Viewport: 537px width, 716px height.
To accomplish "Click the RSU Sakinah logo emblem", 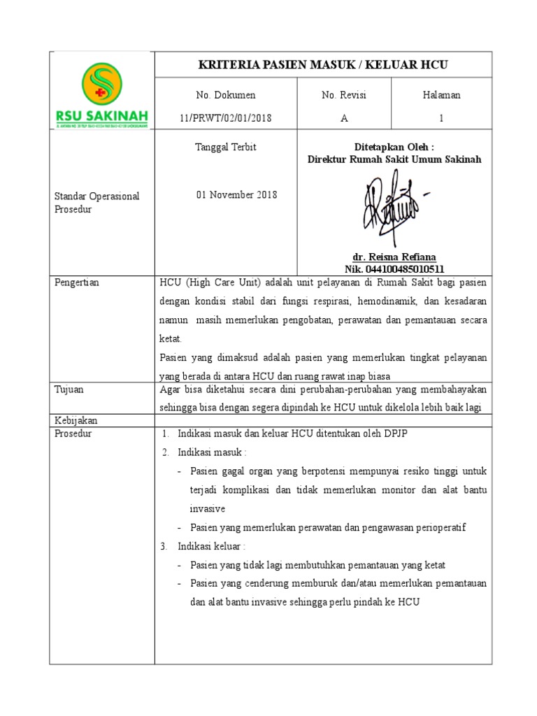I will [101, 83].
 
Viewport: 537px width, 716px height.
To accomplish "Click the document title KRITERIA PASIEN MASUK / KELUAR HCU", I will [323, 65].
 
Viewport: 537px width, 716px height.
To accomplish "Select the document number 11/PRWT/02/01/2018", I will [225, 118].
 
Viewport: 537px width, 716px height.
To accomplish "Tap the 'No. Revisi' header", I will [343, 95].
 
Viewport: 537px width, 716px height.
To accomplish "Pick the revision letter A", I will [343, 118].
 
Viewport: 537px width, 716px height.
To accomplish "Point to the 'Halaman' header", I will [441, 95].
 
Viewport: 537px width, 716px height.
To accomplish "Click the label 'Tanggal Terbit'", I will [225, 147].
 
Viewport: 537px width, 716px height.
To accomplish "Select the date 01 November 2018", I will [236, 194].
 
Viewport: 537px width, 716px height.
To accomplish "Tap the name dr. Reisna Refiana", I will [394, 257].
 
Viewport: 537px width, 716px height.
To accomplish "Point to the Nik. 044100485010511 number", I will [394, 269].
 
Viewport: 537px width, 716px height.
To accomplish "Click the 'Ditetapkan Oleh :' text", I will [394, 147].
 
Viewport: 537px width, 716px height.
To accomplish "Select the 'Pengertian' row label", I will [77, 282].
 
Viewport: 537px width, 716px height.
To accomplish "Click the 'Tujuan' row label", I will [69, 389].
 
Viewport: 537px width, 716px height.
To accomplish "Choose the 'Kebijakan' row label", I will [76, 420].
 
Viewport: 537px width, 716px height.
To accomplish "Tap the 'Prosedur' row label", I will [73, 434].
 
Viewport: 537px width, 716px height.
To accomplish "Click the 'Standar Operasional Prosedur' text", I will [96, 203].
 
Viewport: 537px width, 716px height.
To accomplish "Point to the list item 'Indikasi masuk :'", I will [211, 452].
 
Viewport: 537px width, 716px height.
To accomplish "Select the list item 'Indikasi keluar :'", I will [211, 546].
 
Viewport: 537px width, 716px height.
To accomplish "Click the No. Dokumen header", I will [225, 95].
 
